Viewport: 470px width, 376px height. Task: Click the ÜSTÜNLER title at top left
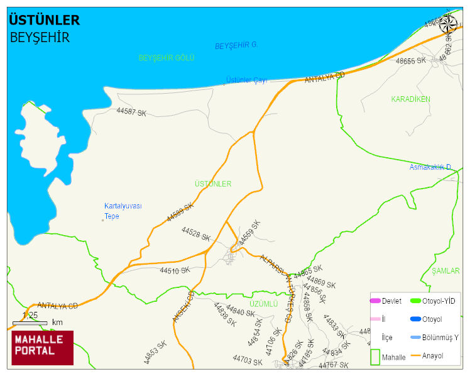tap(44, 21)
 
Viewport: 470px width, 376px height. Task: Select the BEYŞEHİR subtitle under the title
tap(40, 38)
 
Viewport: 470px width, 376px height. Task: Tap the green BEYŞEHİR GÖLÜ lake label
tap(167, 58)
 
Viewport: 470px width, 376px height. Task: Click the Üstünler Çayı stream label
tap(246, 80)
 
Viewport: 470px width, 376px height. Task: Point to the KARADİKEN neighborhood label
tap(410, 99)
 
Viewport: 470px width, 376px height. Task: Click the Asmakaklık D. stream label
tap(431, 167)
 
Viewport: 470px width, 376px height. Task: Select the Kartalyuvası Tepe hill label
tap(123, 211)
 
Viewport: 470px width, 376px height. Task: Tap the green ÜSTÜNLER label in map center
tap(213, 184)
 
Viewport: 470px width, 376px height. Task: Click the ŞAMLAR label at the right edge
tap(445, 271)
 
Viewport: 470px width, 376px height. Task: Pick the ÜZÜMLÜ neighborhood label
tap(263, 304)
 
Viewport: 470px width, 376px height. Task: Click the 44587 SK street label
tap(131, 113)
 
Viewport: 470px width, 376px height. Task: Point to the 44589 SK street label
tap(180, 212)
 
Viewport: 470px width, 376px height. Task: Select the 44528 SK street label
tap(195, 234)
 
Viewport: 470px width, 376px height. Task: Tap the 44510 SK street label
tap(174, 271)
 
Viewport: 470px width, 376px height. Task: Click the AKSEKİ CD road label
tap(182, 307)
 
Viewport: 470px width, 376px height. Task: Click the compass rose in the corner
tap(449, 25)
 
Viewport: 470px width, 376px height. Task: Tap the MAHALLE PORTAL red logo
tap(43, 348)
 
